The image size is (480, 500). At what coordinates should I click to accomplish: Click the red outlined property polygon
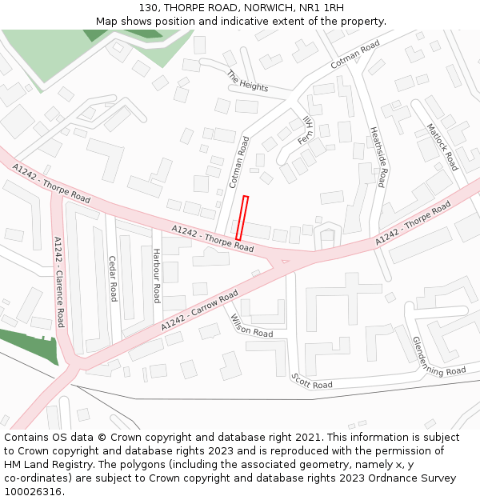(242, 218)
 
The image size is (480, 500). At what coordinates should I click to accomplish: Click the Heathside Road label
(378, 157)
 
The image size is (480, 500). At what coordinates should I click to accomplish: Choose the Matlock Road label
(442, 146)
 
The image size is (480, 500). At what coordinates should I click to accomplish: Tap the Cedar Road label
(113, 278)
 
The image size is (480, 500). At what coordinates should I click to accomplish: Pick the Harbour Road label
(157, 275)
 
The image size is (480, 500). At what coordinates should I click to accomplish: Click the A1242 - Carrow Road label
(199, 311)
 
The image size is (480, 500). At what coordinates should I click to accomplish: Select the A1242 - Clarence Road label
(58, 281)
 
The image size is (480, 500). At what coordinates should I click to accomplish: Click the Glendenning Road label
(438, 357)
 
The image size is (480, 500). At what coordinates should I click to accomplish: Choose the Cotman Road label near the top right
(354, 54)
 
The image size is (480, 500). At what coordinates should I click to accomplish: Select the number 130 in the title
(149, 8)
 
